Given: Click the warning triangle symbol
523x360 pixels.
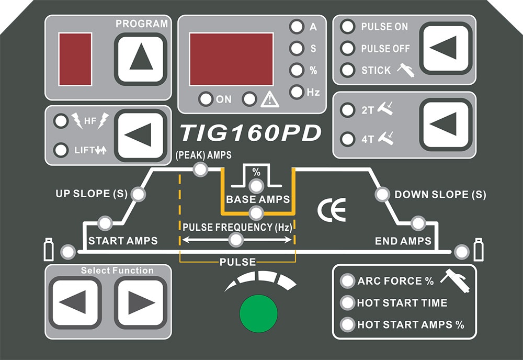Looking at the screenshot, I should (x=270, y=99).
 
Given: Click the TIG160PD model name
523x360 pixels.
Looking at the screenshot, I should (x=250, y=133).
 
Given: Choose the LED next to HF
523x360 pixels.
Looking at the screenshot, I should (x=62, y=122).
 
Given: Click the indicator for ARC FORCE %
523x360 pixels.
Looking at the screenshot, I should (x=347, y=281).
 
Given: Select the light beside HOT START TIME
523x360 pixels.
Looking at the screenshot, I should (x=347, y=302).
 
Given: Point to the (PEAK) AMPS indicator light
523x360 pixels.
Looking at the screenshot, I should (x=199, y=169).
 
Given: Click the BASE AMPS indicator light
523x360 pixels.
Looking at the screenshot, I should (x=256, y=212).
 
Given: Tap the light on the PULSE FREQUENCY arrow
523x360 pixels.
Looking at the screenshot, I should (x=236, y=240).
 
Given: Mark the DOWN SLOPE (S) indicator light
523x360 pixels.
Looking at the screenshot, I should (x=382, y=195).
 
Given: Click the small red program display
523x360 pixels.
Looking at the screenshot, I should (x=75, y=55).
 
